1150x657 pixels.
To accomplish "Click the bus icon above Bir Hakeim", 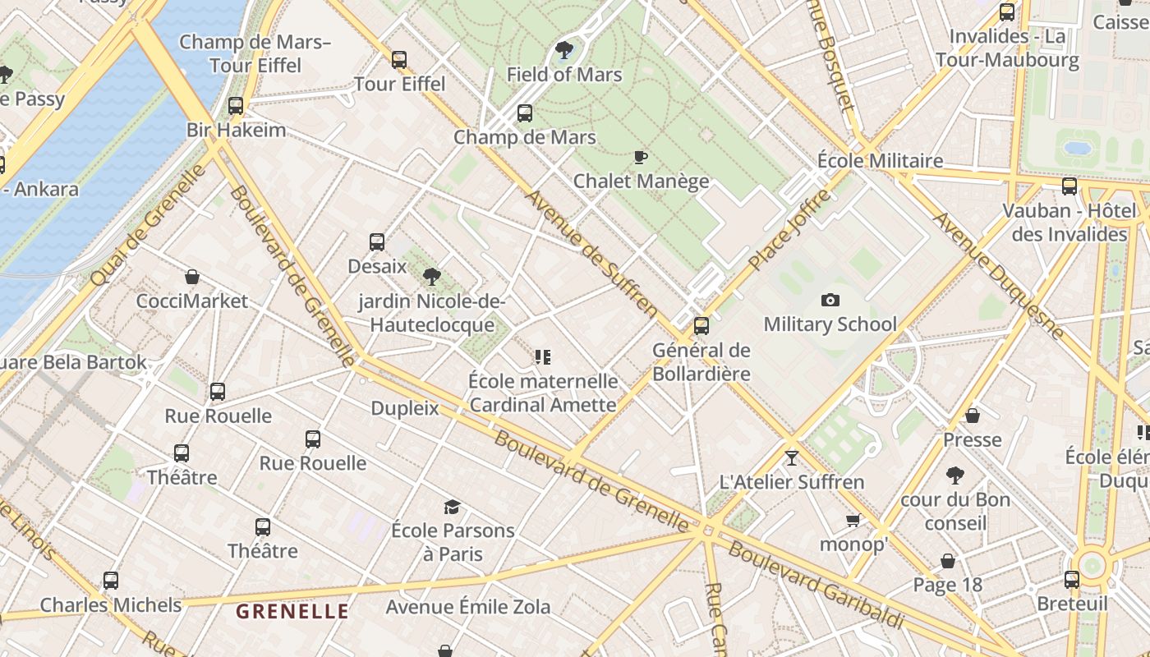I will (236, 106).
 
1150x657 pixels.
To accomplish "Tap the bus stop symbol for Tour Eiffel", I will (399, 60).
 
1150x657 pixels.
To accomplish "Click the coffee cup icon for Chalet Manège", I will (641, 157).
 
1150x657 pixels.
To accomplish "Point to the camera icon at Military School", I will (830, 301).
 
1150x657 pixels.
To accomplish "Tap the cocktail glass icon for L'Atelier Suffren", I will (791, 457).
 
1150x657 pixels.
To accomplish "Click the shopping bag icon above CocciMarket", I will (191, 277).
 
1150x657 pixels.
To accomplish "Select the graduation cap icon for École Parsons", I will (452, 507).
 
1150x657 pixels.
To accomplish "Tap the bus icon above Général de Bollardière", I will (701, 326).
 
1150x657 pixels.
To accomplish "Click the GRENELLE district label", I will (292, 611).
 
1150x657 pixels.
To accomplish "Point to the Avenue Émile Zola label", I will (468, 608).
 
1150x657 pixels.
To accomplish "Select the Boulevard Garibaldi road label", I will (816, 584).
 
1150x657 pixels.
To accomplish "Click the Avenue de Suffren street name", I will (591, 254).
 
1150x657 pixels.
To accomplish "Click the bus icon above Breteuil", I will (1072, 580).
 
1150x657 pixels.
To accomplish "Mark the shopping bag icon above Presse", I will (973, 416).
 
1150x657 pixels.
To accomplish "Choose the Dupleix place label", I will (405, 408).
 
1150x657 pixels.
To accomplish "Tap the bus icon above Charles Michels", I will (111, 581).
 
